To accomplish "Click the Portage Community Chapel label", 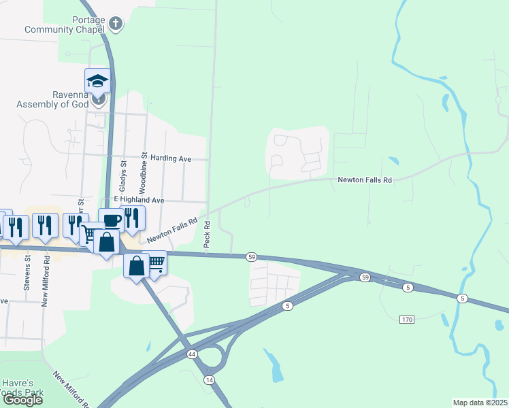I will [65, 24].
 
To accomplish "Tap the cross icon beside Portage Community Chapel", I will [116, 24].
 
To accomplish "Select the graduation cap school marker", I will [97, 81].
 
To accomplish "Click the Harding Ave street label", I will [171, 158].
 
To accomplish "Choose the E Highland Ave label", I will [139, 201].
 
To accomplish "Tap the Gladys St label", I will [123, 175].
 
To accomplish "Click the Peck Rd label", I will [206, 233].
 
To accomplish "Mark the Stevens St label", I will [27, 271].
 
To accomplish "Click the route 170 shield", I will [407, 320].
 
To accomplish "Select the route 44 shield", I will [192, 354].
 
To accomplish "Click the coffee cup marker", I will [111, 220].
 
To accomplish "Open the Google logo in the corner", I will [22, 400].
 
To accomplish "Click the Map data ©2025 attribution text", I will [480, 403].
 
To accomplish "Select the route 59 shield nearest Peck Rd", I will [252, 256].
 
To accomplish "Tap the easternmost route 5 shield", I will [463, 299].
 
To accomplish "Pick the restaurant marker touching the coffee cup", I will [133, 218].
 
